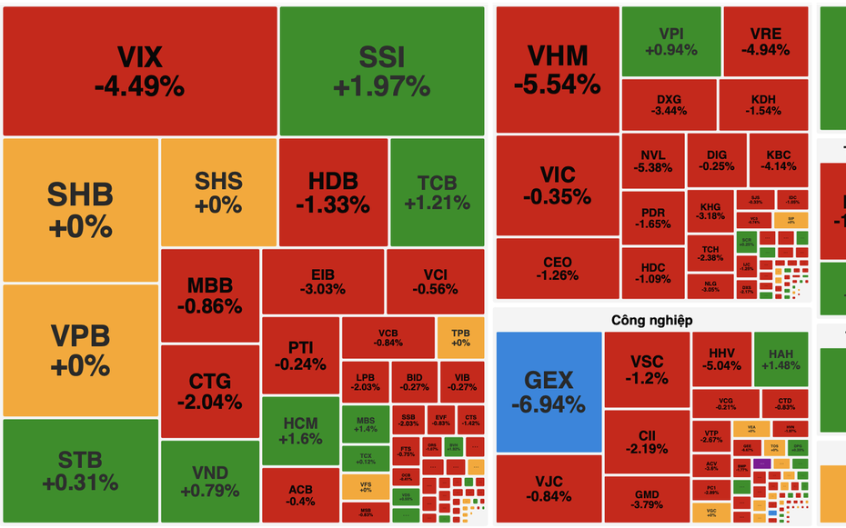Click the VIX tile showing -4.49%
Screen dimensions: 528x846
click(139, 71)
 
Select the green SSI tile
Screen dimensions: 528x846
click(381, 71)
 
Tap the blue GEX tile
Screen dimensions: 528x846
click(549, 392)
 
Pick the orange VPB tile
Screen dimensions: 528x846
click(80, 350)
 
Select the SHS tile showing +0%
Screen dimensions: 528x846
click(218, 192)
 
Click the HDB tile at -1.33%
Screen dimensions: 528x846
click(333, 192)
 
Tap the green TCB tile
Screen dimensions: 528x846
click(438, 192)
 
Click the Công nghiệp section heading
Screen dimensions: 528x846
click(652, 320)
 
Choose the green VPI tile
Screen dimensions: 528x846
click(670, 42)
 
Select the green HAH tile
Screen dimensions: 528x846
click(781, 359)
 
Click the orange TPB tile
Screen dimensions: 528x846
click(460, 336)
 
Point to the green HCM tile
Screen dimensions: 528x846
click(300, 430)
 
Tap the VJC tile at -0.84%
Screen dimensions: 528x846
click(549, 489)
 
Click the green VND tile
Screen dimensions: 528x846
click(210, 482)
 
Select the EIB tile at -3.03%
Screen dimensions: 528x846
click(322, 282)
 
